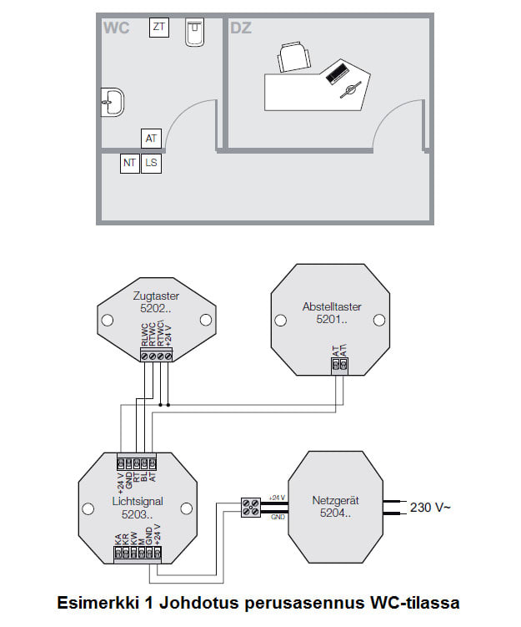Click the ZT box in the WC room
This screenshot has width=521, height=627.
(x=158, y=28)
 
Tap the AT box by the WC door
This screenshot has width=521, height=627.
(x=151, y=139)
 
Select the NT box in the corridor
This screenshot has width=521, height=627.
(x=129, y=163)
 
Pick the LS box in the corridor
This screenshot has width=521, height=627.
(x=151, y=163)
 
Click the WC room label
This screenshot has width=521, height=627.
(x=116, y=28)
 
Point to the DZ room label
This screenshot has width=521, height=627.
(x=241, y=28)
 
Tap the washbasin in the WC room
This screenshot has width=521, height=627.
(x=113, y=102)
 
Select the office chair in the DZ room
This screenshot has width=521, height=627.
(x=296, y=59)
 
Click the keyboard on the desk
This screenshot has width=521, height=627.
(x=338, y=73)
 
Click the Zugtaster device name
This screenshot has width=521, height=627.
(x=156, y=295)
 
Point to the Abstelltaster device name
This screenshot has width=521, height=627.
(x=328, y=306)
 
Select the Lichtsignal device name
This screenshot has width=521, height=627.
(x=138, y=502)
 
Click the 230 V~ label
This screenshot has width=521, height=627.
(x=430, y=507)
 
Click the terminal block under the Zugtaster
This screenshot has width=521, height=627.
(x=156, y=356)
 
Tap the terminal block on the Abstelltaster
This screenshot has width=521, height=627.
(x=338, y=364)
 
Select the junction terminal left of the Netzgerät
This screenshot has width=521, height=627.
(x=250, y=507)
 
